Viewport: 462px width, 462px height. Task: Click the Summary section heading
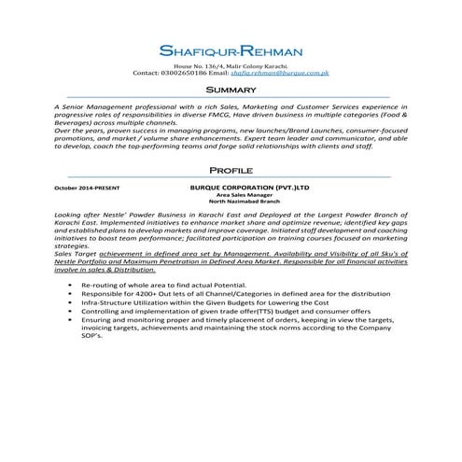pos(231,89)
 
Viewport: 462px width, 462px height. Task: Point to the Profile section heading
pos(231,173)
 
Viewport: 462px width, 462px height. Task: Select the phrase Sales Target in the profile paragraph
pos(77,254)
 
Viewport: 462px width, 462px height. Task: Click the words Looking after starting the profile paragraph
pos(79,214)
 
